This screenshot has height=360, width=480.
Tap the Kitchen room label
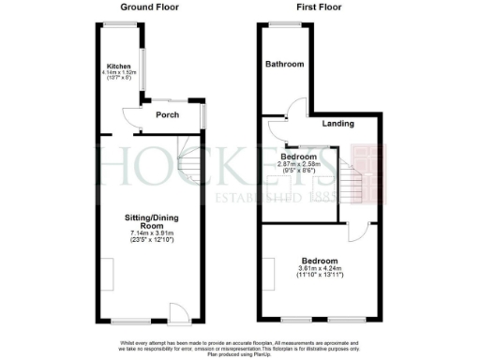pyautogui.click(x=118, y=67)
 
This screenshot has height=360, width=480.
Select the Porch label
pyautogui.click(x=167, y=115)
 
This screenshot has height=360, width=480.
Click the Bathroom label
pyautogui.click(x=284, y=65)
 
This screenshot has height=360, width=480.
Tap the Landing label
pyautogui.click(x=337, y=124)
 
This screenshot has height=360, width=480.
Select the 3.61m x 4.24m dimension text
pyautogui.click(x=319, y=268)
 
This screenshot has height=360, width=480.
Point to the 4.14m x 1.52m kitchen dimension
pyautogui.click(x=118, y=73)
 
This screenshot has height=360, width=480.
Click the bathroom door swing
pyautogui.click(x=292, y=111)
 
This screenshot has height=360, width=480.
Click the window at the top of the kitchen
pyautogui.click(x=119, y=24)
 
